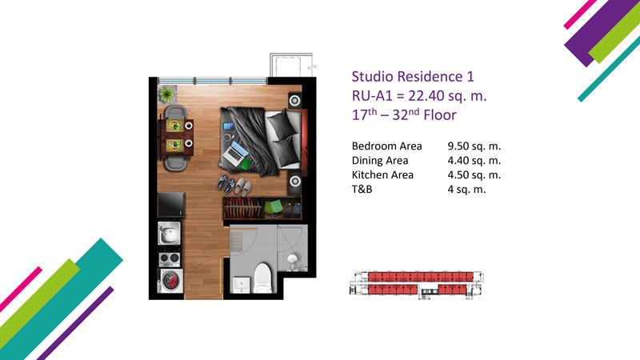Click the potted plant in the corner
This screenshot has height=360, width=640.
coord(167,94)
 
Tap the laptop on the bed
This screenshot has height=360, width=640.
coord(235,151)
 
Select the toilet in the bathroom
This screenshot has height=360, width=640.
coord(263,278)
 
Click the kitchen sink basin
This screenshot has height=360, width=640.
coord(169,234)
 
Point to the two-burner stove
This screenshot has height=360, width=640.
coord(169,258)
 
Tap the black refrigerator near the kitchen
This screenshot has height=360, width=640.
coord(171,205)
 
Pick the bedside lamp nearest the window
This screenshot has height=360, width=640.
coord(294,100)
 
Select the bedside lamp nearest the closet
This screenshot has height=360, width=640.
coord(295,181)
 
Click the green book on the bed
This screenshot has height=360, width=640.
coord(246,164)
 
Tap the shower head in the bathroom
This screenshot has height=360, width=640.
coord(292,259)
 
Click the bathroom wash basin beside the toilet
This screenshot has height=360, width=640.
coord(242,284)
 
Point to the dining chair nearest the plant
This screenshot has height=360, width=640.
coord(175,112)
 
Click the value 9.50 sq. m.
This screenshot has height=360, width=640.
coord(474,146)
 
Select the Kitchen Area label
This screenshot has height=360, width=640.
coord(382,174)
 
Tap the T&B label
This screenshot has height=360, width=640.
coord(362,189)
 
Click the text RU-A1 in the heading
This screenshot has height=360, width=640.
coord(372,95)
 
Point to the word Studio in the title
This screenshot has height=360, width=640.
coord(373,76)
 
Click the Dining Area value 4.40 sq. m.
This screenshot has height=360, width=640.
coord(474,161)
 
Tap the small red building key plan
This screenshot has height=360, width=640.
coord(417,284)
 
